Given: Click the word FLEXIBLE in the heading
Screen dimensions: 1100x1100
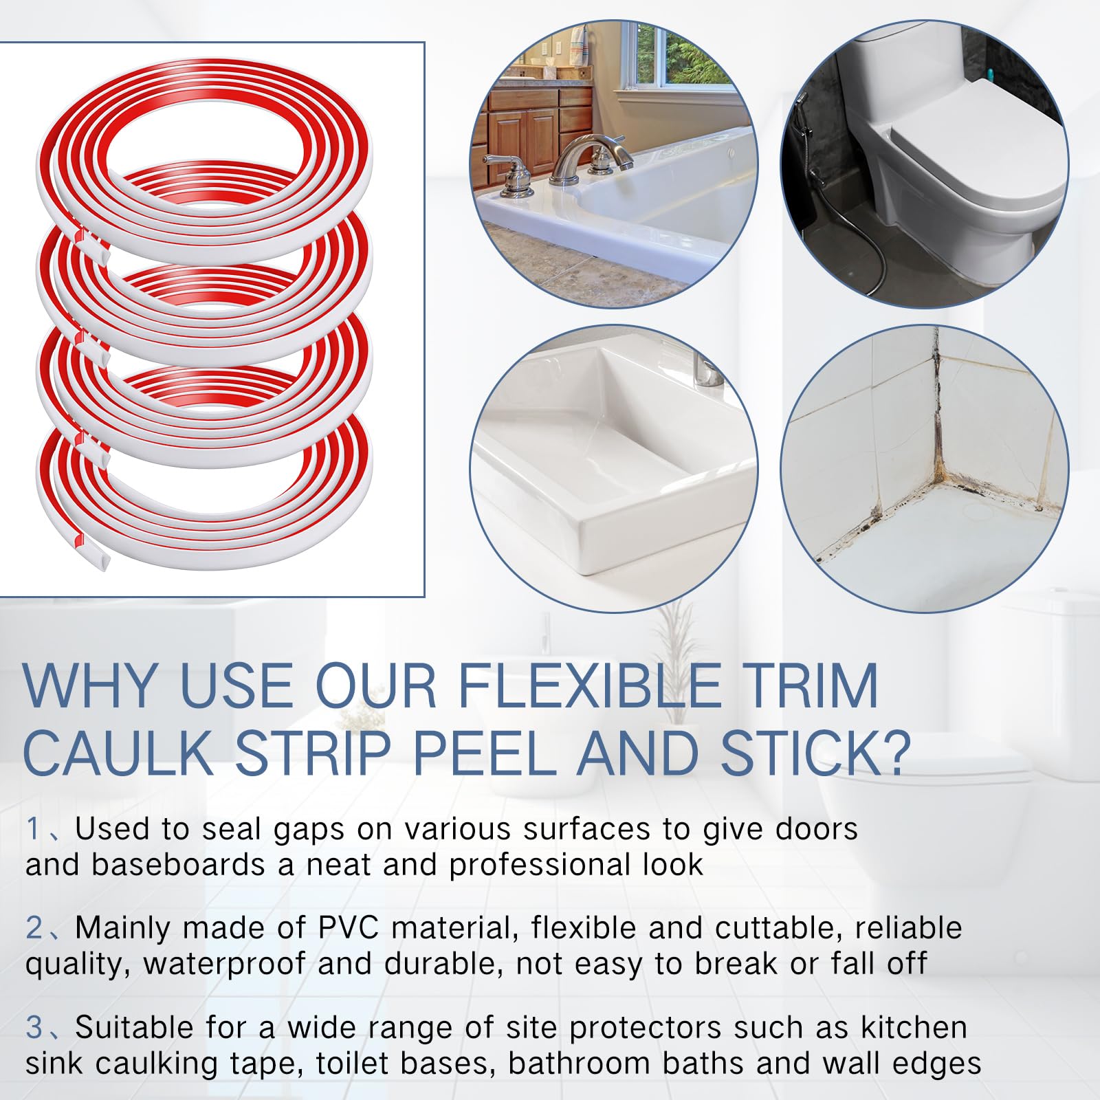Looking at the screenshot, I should coord(588,685).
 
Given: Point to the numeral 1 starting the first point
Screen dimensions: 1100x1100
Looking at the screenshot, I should coord(33,829).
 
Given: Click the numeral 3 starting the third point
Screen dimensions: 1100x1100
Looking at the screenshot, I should coord(34,1028).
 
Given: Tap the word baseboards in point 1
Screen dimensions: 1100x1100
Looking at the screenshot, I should coord(178,865).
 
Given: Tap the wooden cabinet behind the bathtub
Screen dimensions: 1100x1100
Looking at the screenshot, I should coord(526,131).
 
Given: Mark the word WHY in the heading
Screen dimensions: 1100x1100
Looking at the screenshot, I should coord(89,685).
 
